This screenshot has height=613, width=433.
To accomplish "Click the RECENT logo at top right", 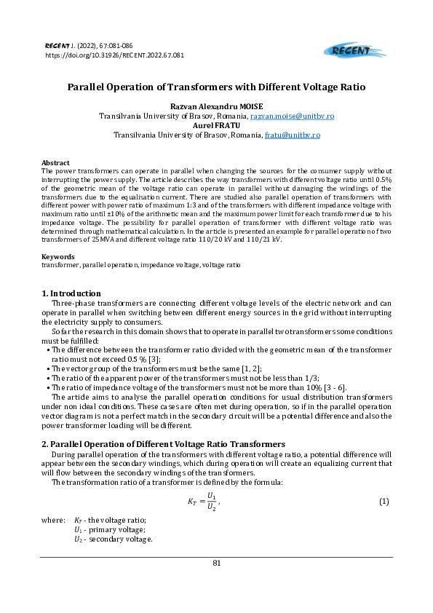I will coord(349,50).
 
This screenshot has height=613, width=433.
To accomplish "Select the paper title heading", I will coord(216,87).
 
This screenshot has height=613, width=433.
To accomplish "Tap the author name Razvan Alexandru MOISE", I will coord(216,106).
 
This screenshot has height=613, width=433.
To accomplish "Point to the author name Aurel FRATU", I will coord(216,125).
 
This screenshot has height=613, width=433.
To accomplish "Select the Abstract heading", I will coord(55,162).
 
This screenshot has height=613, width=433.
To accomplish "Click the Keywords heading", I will coord(58,256).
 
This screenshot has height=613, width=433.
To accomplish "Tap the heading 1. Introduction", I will coord(71,293).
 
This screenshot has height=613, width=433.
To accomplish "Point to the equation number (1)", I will coord(384,502).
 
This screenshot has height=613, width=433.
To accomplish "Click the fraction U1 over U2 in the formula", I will coord(211,502).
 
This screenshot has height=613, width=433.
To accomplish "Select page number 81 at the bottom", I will coord(216,563).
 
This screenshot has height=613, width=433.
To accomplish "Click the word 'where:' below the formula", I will coord(53,520).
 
